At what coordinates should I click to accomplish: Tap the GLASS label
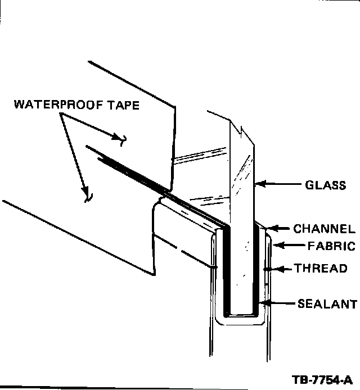[326, 185]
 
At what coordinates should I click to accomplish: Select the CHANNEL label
[324, 229]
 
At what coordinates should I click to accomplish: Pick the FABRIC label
[331, 246]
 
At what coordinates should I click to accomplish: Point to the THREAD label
[321, 269]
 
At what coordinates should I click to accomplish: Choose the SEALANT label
[327, 305]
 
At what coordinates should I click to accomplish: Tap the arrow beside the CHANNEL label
[280, 229]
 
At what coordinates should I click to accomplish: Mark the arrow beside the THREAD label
[280, 269]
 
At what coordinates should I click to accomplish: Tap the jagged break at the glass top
[241, 134]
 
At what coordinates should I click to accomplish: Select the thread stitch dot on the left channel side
[214, 267]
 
